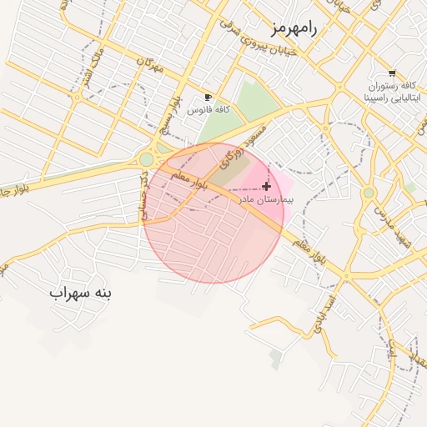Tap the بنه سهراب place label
pyautogui.click(x=80, y=294)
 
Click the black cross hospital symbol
pyautogui.click(x=266, y=186)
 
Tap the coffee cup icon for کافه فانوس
pyautogui.click(x=208, y=97)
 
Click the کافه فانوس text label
pyautogui.click(x=208, y=109)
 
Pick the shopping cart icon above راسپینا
pyautogui.click(x=392, y=73)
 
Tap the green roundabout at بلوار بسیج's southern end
pyautogui.click(x=147, y=158)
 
